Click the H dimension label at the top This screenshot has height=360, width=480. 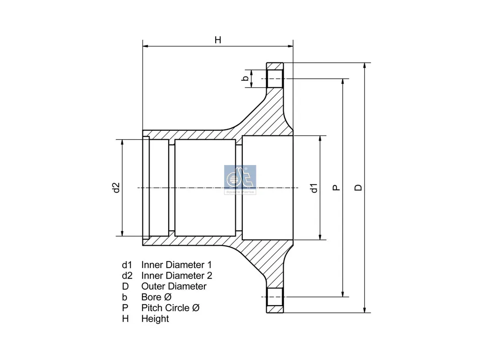(217, 40)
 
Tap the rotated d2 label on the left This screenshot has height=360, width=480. (116, 187)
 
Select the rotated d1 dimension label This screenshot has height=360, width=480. (314, 187)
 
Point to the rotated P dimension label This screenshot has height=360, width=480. (336, 187)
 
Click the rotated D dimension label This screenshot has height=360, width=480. (358, 187)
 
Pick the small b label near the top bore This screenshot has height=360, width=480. (245, 78)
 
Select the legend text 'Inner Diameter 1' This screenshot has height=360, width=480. (176, 265)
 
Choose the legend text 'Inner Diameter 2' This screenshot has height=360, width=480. (176, 276)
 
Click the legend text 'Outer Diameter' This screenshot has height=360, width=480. (173, 286)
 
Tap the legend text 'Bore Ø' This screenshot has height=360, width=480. (157, 297)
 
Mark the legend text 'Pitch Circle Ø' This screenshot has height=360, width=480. (170, 308)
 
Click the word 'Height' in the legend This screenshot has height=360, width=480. (155, 319)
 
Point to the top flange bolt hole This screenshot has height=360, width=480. (275, 78)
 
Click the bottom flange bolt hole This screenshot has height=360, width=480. (275, 297)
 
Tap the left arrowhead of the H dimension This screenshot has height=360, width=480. (145, 46)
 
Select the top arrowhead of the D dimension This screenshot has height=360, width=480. (365, 65)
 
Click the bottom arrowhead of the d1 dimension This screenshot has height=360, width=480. (321, 237)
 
